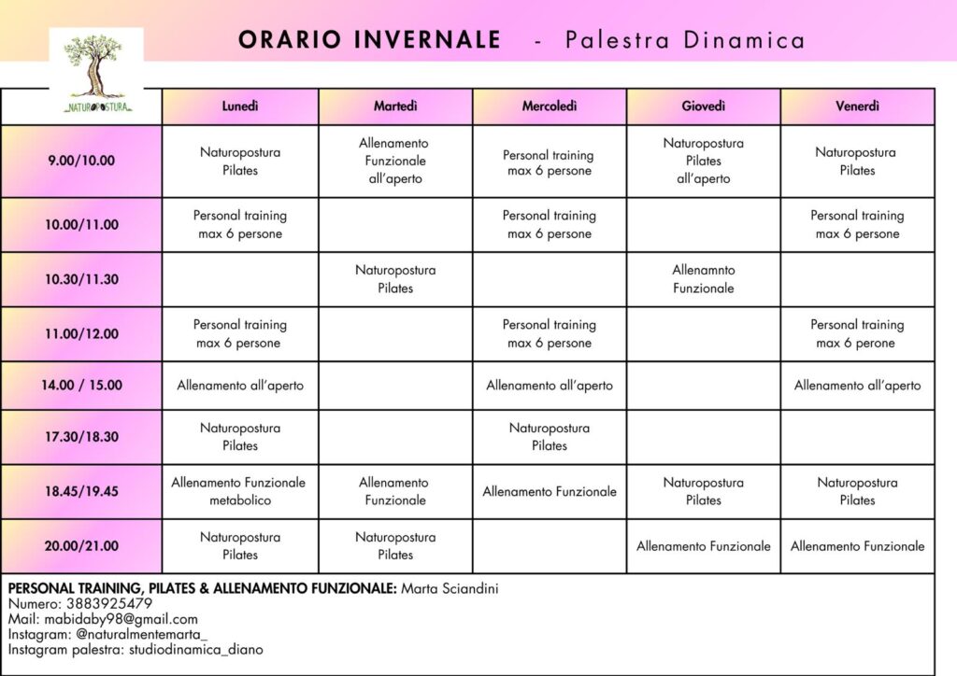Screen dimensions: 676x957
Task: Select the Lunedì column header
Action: pos(240,106)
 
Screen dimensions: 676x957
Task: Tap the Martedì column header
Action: pos(395,106)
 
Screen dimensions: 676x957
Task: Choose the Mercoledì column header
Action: pos(550,106)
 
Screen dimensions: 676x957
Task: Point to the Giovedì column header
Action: pos(704,106)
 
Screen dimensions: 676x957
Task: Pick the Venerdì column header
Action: pos(857,106)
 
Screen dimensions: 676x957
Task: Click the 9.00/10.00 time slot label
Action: pos(81,161)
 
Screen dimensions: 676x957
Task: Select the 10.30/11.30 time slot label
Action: pos(81,279)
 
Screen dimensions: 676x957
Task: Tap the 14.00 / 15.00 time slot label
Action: pos(81,385)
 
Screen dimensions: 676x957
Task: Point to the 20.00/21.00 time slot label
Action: pos(81,546)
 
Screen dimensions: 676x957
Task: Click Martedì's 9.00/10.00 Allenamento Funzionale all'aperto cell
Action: pos(395,161)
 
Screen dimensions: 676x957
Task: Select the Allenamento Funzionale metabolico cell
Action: pos(239,491)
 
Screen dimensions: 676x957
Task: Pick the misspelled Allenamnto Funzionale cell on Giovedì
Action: pos(704,279)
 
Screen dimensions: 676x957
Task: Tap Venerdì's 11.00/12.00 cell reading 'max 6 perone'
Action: pos(857,334)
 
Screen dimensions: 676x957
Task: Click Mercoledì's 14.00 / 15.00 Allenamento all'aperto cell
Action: pos(550,386)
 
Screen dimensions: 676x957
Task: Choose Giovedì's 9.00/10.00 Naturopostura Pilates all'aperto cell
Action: pos(704,161)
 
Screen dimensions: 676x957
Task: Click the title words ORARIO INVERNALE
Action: pos(369,40)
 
